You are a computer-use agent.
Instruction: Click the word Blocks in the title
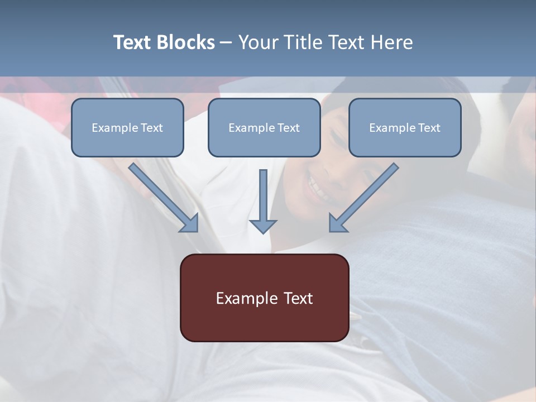point(186,42)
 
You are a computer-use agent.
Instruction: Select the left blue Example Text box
point(127,128)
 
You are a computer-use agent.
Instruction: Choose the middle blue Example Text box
point(264,128)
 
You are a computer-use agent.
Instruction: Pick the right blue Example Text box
point(405,128)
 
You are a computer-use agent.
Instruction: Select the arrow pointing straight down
point(263,201)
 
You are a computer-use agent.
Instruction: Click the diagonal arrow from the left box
point(164,198)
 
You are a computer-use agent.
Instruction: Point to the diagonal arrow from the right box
point(363,198)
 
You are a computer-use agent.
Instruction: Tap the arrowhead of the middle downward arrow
point(263,226)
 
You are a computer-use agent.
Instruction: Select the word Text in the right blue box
point(429,128)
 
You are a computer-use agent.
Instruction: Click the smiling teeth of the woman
point(319,190)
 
